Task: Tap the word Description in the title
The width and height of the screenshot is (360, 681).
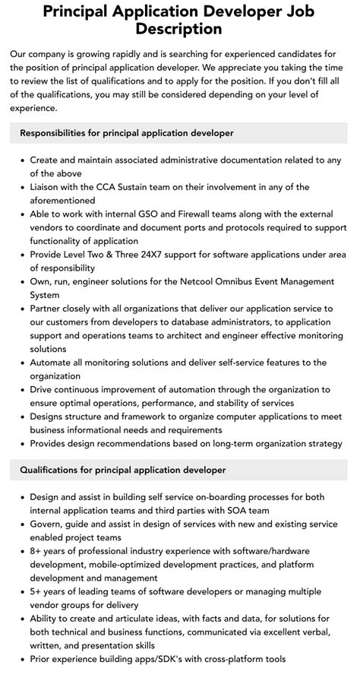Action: click(x=179, y=30)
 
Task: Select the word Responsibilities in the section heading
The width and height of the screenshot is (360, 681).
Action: click(x=61, y=133)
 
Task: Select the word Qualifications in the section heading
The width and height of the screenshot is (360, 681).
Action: click(x=55, y=470)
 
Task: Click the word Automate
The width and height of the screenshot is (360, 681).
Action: click(x=55, y=363)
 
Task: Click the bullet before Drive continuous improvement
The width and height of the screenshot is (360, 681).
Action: click(x=21, y=390)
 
